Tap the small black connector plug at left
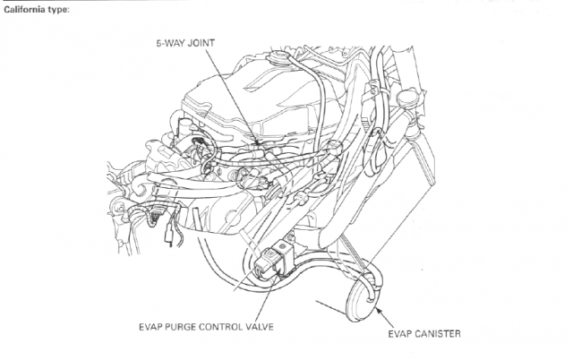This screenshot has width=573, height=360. [x=171, y=239]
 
